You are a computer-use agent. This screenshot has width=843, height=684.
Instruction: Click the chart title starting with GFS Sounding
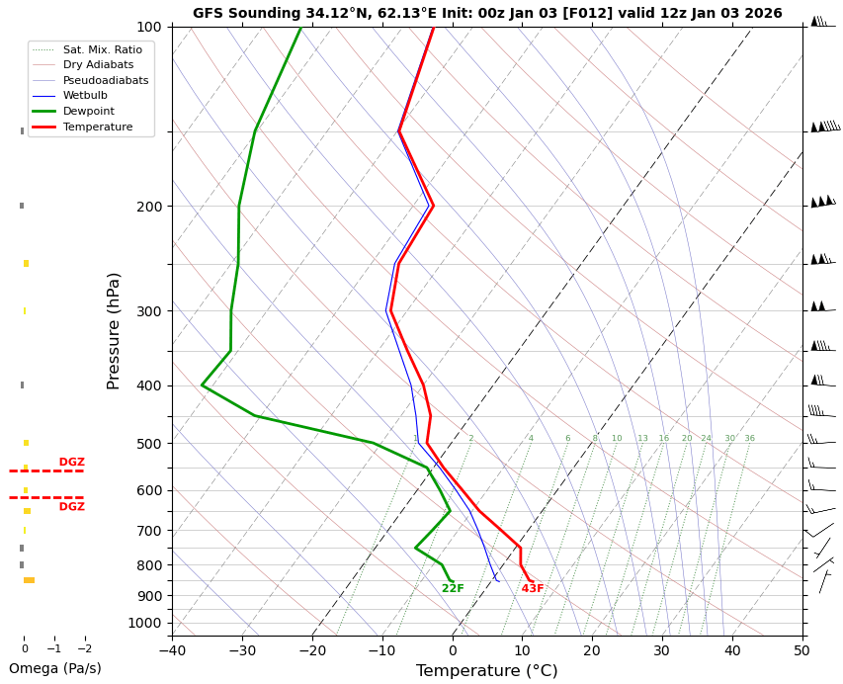(486, 14)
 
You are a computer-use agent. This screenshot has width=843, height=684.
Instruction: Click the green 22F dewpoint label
(453, 589)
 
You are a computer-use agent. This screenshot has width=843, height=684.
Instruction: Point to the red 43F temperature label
(533, 589)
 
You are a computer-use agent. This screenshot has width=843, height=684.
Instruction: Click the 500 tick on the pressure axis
(149, 444)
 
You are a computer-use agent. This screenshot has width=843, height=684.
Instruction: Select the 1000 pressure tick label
(146, 623)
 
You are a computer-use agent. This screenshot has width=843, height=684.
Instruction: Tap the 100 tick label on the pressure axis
(149, 27)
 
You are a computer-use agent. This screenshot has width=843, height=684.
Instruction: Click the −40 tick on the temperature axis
(172, 651)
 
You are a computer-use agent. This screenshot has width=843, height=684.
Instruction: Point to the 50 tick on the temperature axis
(801, 651)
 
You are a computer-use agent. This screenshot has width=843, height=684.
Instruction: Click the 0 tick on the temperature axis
(453, 651)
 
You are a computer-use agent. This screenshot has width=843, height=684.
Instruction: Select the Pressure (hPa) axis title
(114, 330)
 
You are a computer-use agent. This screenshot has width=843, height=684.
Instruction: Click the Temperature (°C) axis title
(486, 671)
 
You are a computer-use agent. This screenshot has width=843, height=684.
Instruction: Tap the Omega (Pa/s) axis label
(54, 669)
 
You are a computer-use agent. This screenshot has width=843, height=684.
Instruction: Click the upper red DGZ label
(71, 463)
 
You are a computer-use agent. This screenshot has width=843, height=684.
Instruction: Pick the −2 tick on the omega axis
(84, 649)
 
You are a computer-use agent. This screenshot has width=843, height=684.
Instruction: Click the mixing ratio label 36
(749, 439)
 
